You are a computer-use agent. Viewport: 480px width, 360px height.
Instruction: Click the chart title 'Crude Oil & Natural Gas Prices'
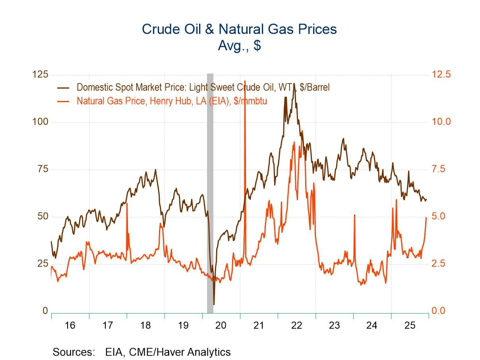tap(239, 29)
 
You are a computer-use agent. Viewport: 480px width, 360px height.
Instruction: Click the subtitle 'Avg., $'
tap(239, 45)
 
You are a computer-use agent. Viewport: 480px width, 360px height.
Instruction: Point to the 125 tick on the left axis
tap(40, 75)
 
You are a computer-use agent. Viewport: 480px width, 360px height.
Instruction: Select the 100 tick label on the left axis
tap(40, 122)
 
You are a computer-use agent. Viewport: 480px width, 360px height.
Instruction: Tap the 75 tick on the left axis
tap(41, 169)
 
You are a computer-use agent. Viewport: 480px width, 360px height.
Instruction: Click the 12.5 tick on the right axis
tap(441, 75)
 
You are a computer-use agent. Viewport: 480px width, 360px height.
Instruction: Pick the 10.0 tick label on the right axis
tap(441, 122)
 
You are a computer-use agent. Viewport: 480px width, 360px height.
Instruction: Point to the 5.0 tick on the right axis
tap(441, 217)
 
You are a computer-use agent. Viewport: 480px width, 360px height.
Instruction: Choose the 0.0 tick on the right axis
tap(441, 311)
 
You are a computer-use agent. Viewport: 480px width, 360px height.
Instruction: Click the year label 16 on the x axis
tap(70, 325)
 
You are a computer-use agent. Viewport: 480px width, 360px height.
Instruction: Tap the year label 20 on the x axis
tap(221, 325)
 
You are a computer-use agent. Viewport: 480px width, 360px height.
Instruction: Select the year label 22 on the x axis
tap(296, 325)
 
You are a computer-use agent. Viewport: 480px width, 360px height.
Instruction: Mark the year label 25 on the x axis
tap(410, 325)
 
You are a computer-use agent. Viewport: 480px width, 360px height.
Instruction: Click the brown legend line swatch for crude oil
tap(63, 88)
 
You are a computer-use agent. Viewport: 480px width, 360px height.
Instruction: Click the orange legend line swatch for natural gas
tap(63, 101)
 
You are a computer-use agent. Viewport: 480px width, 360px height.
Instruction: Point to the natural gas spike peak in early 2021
tap(245, 81)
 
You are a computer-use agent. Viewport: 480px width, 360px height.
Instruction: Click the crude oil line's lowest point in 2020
tap(214, 304)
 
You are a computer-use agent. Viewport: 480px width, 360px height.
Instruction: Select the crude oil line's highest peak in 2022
tap(294, 83)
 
